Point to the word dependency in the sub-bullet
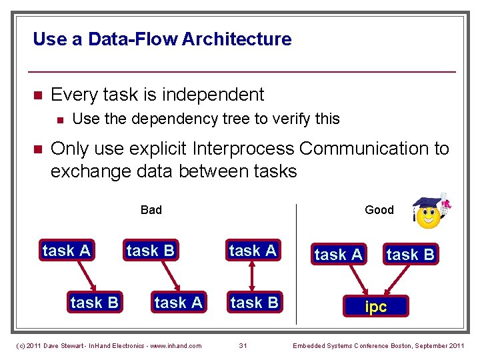point(180,119)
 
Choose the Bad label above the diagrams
point(151,210)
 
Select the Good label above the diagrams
point(379,210)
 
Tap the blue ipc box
point(375,306)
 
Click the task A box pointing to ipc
point(339,254)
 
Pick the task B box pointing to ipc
point(410,254)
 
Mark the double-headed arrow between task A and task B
point(253,276)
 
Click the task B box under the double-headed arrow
point(253,302)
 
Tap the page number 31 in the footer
point(243,345)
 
